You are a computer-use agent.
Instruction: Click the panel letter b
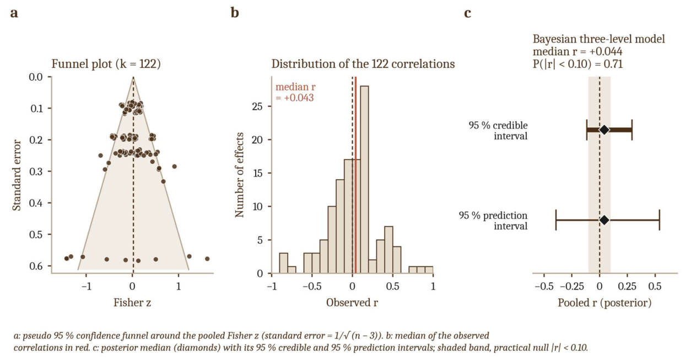pyautogui.click(x=235, y=13)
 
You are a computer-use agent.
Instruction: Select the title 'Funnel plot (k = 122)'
pyautogui.click(x=106, y=64)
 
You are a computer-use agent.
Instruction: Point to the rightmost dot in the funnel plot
pyautogui.click(x=207, y=259)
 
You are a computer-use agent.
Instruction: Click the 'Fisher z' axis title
pyautogui.click(x=132, y=303)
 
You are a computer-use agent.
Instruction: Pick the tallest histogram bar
pyautogui.click(x=364, y=180)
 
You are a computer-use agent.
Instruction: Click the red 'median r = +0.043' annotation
pyautogui.click(x=295, y=93)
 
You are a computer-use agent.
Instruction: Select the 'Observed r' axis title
pyautogui.click(x=352, y=303)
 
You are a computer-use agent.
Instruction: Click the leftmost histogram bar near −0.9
pyautogui.click(x=283, y=263)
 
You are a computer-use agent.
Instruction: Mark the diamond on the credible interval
pyautogui.click(x=605, y=130)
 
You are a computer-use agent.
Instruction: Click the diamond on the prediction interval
pyautogui.click(x=605, y=220)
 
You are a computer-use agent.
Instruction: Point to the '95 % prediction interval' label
pyautogui.click(x=493, y=221)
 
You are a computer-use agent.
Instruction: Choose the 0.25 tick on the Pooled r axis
pyautogui.click(x=627, y=286)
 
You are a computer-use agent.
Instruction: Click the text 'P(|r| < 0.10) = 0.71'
pyautogui.click(x=578, y=64)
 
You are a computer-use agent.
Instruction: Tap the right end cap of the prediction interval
pyautogui.click(x=660, y=220)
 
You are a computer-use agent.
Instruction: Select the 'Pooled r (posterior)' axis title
pyautogui.click(x=605, y=303)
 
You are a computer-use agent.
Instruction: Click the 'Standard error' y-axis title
pyautogui.click(x=17, y=175)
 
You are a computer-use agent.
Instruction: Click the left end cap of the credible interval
pyautogui.click(x=587, y=130)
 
